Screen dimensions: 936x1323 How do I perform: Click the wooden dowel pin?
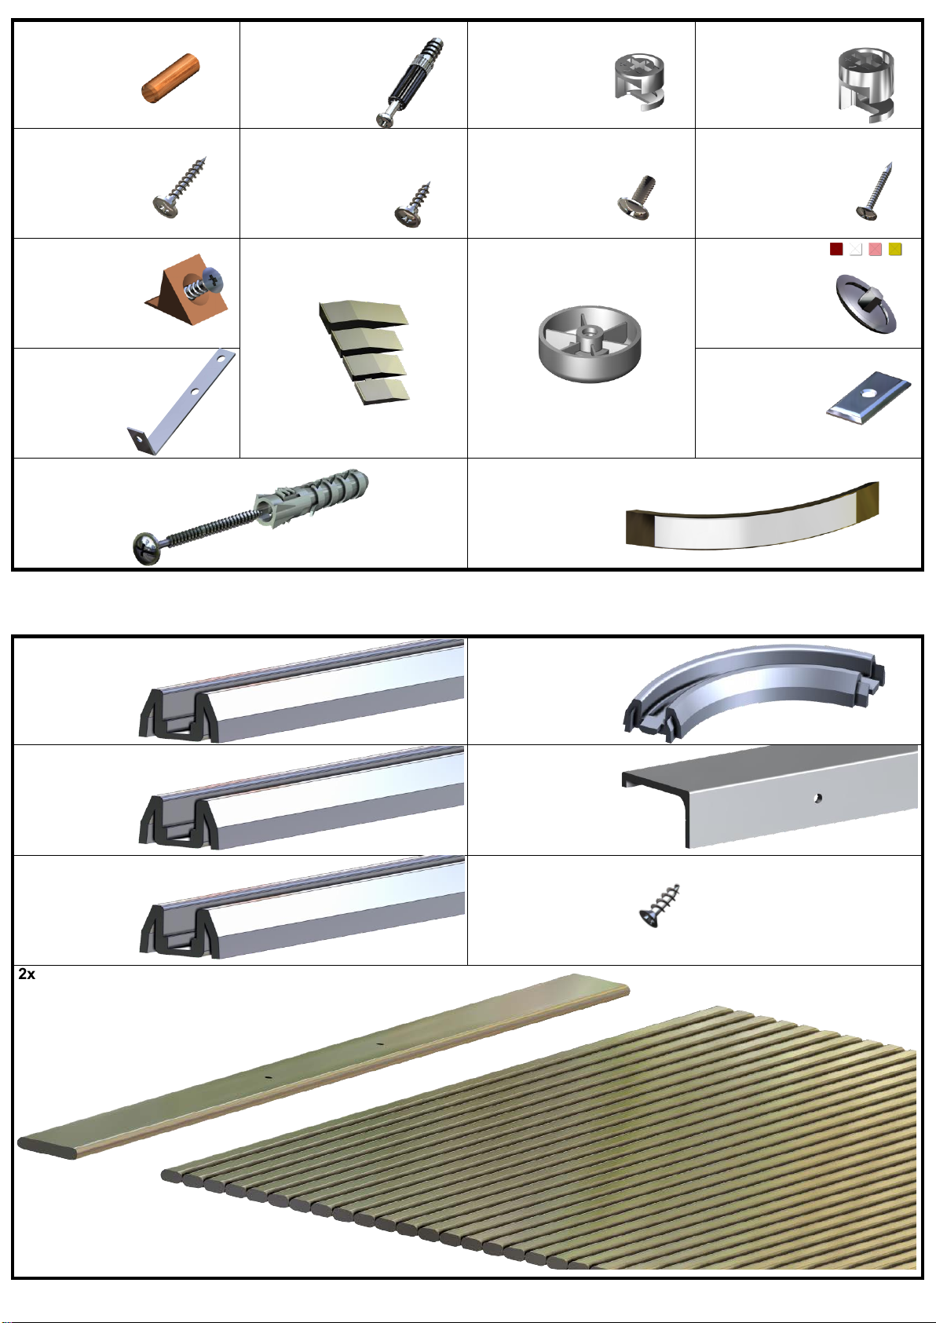170,78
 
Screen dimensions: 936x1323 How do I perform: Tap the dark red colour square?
835,249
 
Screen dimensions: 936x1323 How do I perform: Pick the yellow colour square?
895,249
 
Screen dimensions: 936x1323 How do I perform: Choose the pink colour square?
876,249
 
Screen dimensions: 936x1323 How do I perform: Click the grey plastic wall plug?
312,497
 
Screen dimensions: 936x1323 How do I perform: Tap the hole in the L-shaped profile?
817,799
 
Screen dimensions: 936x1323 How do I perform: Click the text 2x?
27,974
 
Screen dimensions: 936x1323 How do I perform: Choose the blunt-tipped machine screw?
637,198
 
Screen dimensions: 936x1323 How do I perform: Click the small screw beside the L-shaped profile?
659,905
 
